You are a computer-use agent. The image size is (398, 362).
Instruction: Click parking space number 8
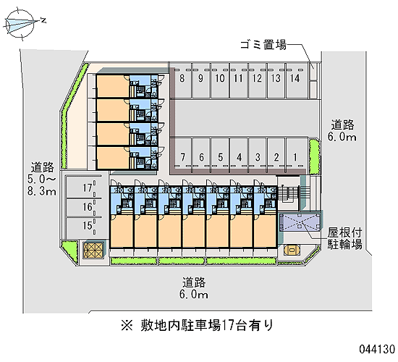tap(182, 80)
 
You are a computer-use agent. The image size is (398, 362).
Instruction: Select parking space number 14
tap(295, 80)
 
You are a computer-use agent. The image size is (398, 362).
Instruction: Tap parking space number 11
tap(238, 80)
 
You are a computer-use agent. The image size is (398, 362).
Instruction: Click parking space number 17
tap(84, 188)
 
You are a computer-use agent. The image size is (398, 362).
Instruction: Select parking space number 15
tap(84, 226)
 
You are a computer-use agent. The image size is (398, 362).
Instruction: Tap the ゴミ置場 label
tap(263, 45)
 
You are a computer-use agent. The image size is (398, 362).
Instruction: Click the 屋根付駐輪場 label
tap(344, 238)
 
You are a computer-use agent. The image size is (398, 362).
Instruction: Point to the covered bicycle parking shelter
tap(300, 223)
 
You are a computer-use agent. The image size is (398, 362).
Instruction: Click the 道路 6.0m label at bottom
tap(193, 288)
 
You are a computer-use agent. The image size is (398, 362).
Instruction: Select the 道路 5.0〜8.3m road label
tap(42, 179)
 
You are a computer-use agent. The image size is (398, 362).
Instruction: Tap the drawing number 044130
tap(377, 349)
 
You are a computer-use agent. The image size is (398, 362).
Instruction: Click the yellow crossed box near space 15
tap(93, 251)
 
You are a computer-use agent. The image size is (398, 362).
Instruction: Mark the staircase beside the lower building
tap(289, 194)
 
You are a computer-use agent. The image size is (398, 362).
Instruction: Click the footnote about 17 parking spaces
tap(197, 325)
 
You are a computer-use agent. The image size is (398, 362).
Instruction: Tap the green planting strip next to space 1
tap(315, 157)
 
